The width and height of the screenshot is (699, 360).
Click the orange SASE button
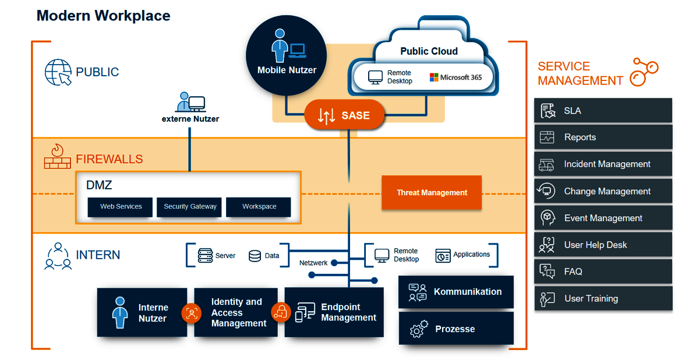pyautogui.click(x=344, y=115)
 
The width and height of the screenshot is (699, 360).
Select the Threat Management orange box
pyautogui.click(x=432, y=192)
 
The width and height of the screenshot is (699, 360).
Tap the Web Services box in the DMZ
pyautogui.click(x=121, y=207)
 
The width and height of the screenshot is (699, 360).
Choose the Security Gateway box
pyautogui.click(x=190, y=207)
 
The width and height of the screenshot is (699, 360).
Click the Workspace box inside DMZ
pyautogui.click(x=259, y=207)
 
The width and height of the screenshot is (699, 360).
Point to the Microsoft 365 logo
pyautogui.click(x=456, y=77)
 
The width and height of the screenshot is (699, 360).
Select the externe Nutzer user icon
pyautogui.click(x=190, y=103)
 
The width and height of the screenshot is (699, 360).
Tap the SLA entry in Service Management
pyautogui.click(x=603, y=111)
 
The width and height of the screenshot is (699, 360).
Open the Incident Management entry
pyautogui.click(x=603, y=164)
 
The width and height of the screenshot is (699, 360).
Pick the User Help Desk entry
pyautogui.click(x=603, y=245)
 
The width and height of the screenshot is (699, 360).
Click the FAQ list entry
pyautogui.click(x=603, y=271)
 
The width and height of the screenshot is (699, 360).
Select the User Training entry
pyautogui.click(x=603, y=298)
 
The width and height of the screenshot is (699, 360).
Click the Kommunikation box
pyautogui.click(x=456, y=292)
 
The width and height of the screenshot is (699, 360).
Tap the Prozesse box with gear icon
pyautogui.click(x=456, y=329)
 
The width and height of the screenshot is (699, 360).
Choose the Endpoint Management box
pyautogui.click(x=334, y=312)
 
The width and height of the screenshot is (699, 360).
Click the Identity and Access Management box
pyautogui.click(x=235, y=312)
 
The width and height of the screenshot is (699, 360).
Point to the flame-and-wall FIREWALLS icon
pyautogui.click(x=57, y=157)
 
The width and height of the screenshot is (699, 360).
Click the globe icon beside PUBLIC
pyautogui.click(x=58, y=72)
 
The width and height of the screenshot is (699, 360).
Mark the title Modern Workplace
pyautogui.click(x=104, y=16)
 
